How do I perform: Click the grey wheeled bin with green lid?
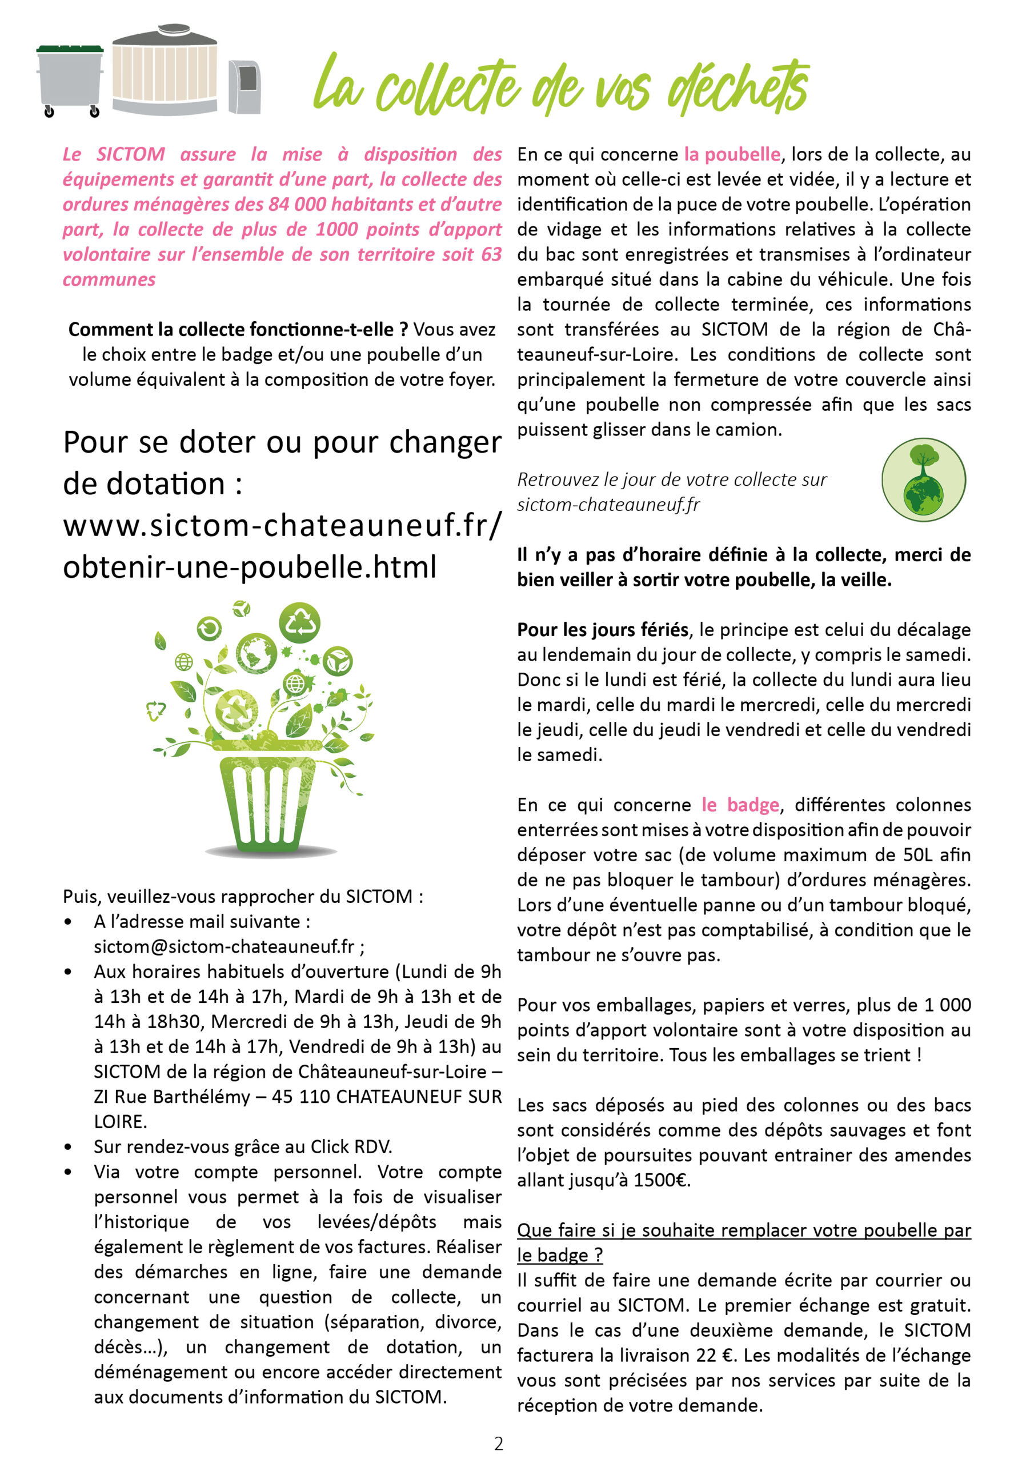coord(70,79)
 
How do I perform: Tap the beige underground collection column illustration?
coord(165,71)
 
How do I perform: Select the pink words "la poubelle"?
coord(732,154)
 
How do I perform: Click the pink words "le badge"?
coord(740,805)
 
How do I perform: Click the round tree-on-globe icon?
coord(923,479)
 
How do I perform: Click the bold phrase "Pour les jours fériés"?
coord(603,630)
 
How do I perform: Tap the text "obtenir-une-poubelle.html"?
coord(250,566)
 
